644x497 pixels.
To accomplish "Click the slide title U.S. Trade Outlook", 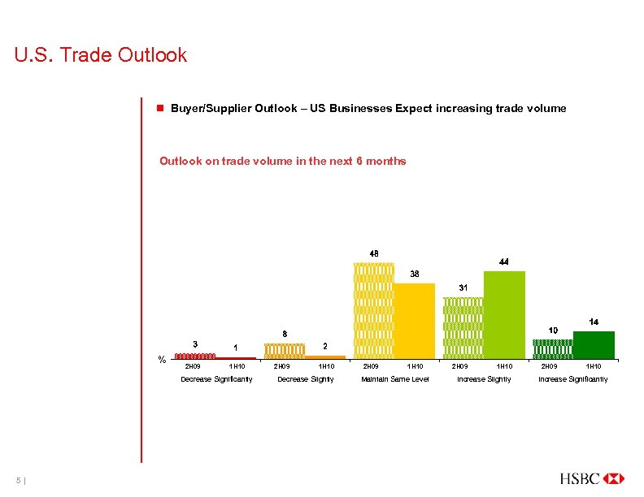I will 101,55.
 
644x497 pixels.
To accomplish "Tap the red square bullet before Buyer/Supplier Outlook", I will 162,108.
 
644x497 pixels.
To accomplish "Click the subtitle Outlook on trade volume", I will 282,161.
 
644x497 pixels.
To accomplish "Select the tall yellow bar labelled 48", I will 373,310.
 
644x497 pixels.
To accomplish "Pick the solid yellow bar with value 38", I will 415,321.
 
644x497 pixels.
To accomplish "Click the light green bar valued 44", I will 504,315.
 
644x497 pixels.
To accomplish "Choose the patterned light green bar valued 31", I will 463,327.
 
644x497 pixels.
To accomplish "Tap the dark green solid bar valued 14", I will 594,345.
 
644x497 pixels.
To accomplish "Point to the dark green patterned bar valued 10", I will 552,349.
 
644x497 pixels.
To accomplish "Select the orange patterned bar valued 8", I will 284,351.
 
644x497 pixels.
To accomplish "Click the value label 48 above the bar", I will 374,253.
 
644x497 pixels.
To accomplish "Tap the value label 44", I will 504,262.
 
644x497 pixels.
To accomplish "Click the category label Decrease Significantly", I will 216,379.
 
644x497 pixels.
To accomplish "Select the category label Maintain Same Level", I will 394,379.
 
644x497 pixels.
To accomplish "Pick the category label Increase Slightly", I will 484,379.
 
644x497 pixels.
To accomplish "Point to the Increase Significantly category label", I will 572,379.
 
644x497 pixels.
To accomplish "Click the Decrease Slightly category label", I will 305,379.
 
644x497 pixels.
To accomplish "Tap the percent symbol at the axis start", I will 162,360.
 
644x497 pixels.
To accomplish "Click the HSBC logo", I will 592,478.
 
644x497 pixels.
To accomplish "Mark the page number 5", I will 17,479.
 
